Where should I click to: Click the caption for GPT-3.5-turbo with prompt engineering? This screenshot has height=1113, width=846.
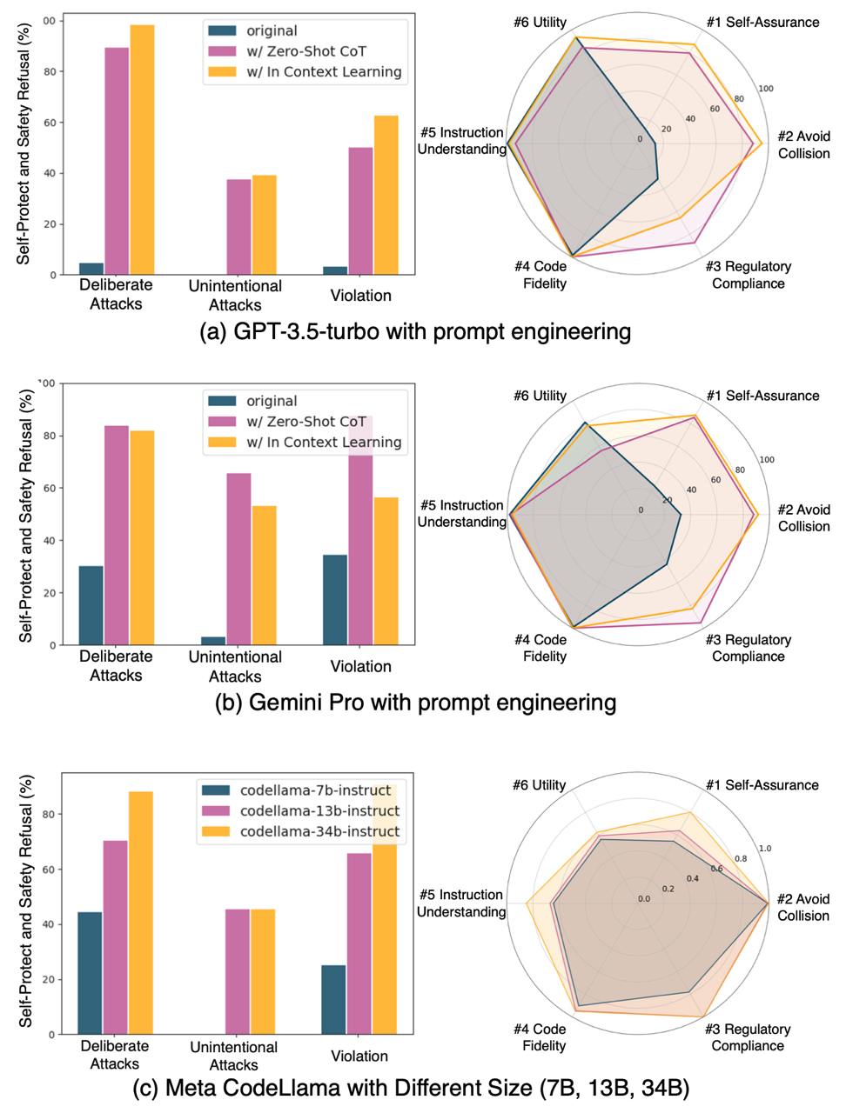[x=415, y=331]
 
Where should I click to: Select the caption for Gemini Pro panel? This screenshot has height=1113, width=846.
[x=415, y=703]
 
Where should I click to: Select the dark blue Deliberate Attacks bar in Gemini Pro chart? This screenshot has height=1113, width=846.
[x=91, y=605]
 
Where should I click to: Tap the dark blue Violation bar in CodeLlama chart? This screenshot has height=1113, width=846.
[x=333, y=999]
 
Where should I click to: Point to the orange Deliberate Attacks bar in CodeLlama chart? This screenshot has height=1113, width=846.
[x=140, y=912]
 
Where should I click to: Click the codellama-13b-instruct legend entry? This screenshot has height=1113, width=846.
[x=300, y=811]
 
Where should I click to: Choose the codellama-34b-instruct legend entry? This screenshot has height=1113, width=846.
[x=300, y=831]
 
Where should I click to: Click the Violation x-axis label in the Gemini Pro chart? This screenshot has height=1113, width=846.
[x=360, y=667]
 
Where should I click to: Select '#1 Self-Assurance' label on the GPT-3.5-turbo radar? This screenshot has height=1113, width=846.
[x=762, y=22]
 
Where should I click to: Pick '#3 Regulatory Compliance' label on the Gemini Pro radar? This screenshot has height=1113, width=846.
[x=749, y=648]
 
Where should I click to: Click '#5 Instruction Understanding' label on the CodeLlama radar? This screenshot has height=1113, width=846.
[x=461, y=903]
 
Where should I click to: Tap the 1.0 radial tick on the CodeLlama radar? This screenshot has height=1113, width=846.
[x=765, y=849]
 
